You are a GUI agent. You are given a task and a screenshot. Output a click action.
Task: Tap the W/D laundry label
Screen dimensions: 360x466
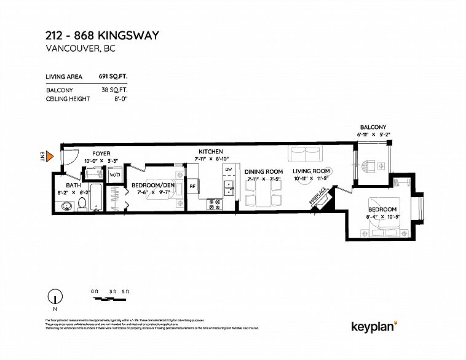click(115, 175)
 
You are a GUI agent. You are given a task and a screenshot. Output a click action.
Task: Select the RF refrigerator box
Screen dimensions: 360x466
click(192, 186)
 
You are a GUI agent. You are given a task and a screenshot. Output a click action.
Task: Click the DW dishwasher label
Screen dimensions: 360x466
click(227, 169)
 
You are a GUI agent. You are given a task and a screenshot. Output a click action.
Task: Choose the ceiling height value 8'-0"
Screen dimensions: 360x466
click(118, 99)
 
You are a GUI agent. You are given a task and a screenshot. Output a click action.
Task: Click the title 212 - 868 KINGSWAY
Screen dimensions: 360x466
click(102, 36)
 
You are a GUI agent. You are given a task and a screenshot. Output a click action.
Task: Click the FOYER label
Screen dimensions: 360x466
click(101, 153)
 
